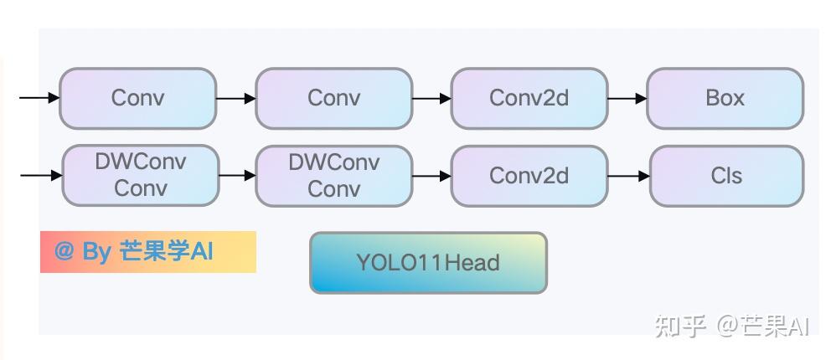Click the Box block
725,99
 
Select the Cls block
726,176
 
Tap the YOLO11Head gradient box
428,263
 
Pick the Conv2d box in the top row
529,99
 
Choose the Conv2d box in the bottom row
529,176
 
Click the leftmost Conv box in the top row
138,99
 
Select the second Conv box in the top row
333,99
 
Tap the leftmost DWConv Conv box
141,176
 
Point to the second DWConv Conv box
333,176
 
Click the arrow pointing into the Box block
627,99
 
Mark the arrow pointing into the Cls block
628,176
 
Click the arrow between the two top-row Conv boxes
235,99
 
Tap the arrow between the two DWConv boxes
237,176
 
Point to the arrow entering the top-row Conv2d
431,99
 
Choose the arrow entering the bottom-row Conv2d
431,176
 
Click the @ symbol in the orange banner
65,252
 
